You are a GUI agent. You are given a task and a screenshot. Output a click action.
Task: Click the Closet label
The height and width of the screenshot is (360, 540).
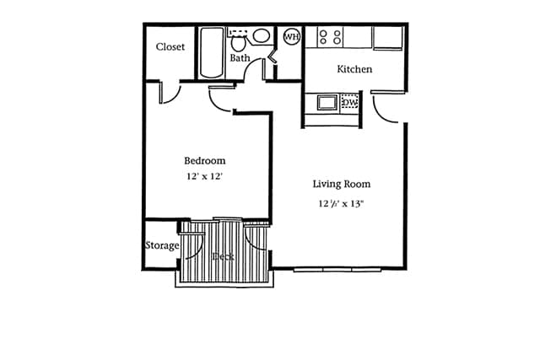click(x=170, y=47)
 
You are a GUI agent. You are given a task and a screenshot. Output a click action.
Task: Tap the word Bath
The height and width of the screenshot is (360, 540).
click(x=240, y=58)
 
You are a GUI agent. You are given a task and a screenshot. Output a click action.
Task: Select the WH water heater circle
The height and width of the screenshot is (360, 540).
click(x=291, y=36)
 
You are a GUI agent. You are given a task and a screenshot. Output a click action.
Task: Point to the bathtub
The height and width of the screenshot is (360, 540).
click(x=211, y=52)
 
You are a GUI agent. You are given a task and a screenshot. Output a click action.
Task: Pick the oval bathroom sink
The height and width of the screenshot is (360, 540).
click(x=262, y=36)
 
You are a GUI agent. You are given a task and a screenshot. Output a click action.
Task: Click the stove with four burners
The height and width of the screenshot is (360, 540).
click(x=329, y=37)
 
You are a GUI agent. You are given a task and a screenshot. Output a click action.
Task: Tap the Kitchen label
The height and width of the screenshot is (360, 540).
click(x=354, y=69)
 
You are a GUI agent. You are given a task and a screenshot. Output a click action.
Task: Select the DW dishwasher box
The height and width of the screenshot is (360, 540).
click(x=349, y=103)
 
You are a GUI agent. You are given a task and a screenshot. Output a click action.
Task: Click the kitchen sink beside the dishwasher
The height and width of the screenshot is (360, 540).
click(x=327, y=103)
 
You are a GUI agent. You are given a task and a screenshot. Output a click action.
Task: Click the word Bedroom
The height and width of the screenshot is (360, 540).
click(x=205, y=160)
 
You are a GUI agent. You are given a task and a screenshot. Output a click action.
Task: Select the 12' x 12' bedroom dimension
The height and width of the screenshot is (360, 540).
click(x=205, y=176)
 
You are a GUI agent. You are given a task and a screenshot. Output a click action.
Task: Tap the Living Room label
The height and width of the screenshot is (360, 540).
click(x=341, y=184)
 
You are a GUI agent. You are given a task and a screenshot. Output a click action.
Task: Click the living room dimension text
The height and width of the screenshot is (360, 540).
click(x=341, y=203)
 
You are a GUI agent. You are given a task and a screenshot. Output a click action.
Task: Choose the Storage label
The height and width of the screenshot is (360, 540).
click(x=161, y=245)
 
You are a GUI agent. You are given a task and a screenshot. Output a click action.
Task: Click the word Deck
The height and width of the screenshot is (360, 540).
click(x=223, y=255)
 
